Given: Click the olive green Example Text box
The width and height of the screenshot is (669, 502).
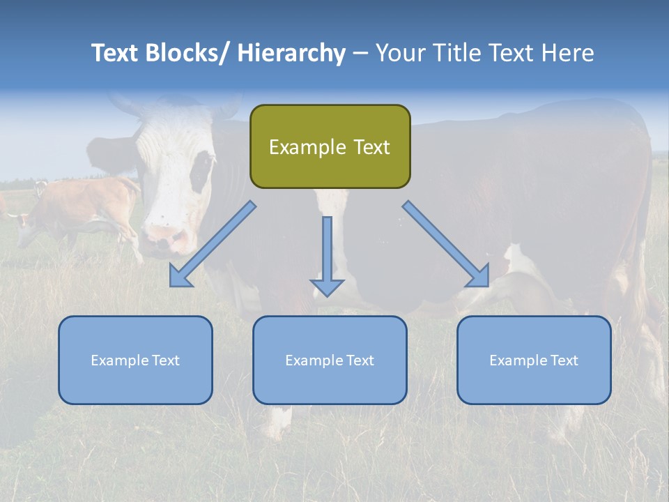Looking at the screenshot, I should click(330, 146).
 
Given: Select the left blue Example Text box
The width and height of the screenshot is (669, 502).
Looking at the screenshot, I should click(135, 360).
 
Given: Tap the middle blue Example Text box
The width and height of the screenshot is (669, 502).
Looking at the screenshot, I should click(330, 360).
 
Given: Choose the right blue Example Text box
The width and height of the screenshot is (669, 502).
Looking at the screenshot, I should click(534, 360).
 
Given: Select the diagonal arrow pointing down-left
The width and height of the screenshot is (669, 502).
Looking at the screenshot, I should click(213, 244).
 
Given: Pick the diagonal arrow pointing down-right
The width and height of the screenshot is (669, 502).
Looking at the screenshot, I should click(446, 244).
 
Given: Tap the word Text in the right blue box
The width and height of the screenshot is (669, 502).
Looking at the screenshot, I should click(564, 360).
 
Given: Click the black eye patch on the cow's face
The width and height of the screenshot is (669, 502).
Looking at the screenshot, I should click(203, 171).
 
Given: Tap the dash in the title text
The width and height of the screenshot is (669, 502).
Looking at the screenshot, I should click(360, 53).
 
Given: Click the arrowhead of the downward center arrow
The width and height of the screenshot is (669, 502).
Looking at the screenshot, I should click(327, 287).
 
